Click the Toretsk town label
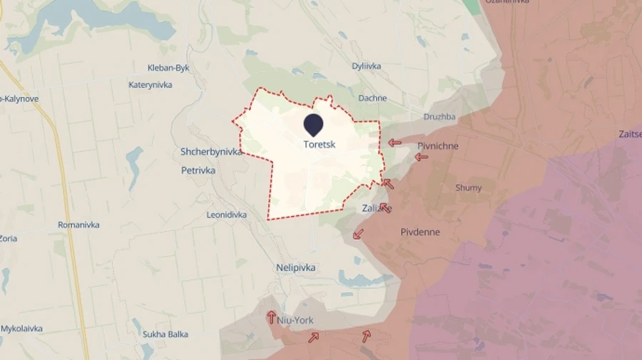(319, 144)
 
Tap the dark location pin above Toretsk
(313, 125)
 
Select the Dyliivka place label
(366, 66)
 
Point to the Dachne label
(372, 98)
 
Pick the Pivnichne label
(437, 146)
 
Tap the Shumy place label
(468, 188)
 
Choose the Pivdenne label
(420, 232)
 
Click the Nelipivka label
(295, 267)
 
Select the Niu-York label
(296, 320)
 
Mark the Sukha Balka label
(164, 333)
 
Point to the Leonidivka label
(226, 215)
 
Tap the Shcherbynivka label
(212, 152)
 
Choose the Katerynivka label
(150, 85)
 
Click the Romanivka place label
(78, 225)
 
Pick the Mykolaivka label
(21, 329)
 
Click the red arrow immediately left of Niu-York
(272, 317)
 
